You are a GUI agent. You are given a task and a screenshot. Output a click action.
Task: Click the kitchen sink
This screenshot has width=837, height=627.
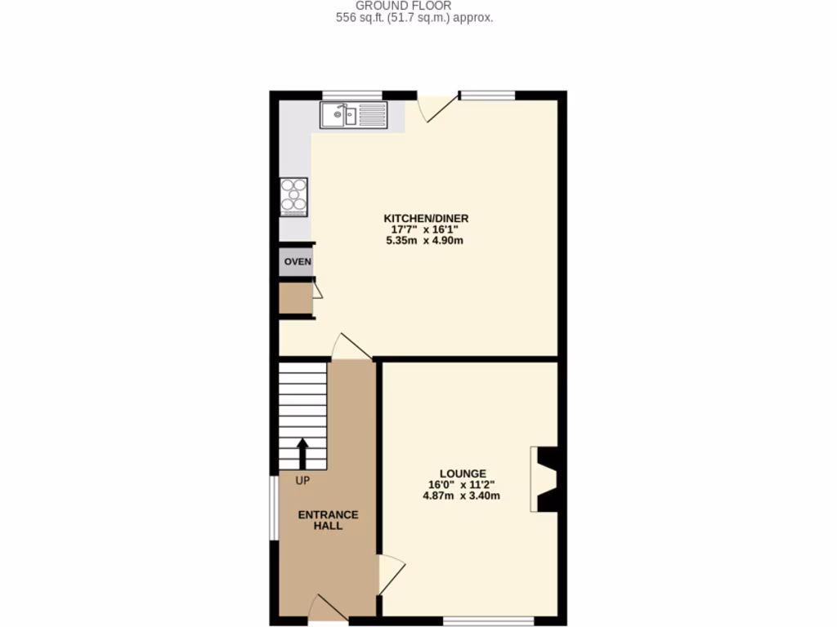(353, 115)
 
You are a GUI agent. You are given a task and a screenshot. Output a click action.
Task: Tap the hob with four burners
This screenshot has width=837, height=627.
(294, 196)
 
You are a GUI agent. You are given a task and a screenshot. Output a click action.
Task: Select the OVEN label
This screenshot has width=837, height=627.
(298, 262)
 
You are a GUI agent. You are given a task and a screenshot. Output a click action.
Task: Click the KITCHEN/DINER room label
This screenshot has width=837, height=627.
(426, 218)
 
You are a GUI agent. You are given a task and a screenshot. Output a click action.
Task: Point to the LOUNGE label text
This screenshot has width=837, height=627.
(463, 474)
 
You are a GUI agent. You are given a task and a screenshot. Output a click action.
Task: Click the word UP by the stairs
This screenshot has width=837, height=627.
(302, 480)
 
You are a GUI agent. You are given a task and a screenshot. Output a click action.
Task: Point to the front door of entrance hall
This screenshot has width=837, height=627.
(328, 608)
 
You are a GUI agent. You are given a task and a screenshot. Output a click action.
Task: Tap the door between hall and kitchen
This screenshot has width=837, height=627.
(350, 346)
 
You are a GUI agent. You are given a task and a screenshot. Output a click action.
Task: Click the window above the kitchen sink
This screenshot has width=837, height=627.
(352, 95)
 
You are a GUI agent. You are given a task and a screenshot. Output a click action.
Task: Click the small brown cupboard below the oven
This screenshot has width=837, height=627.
(295, 299)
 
